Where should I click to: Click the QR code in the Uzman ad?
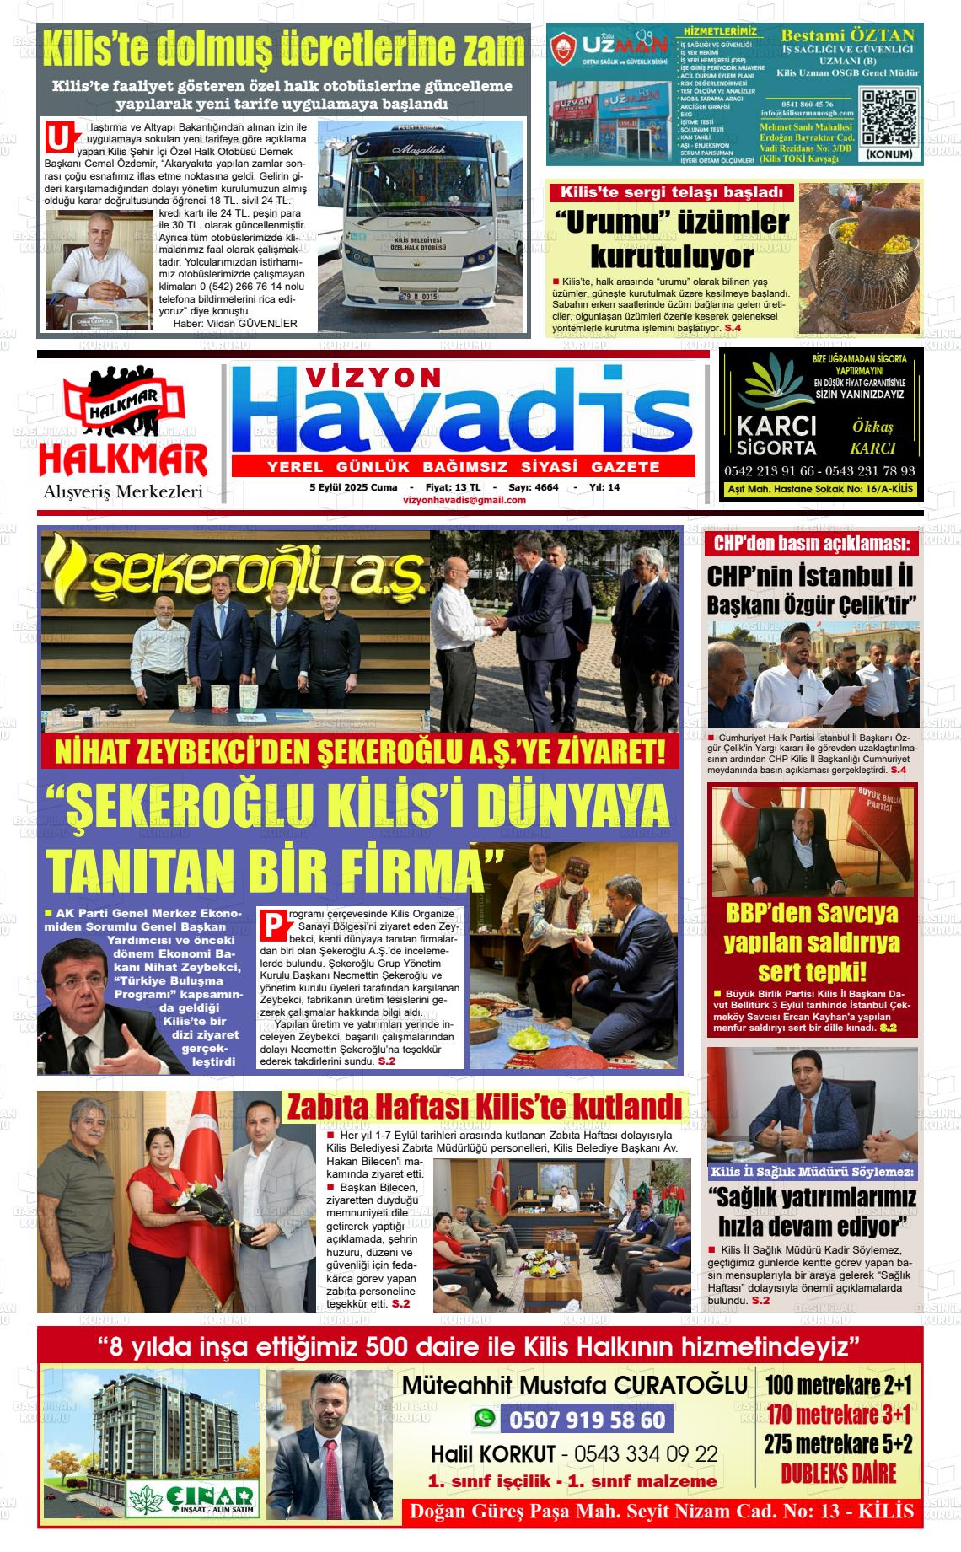point(889,116)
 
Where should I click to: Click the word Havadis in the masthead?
point(463,415)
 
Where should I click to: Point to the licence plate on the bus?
point(418,297)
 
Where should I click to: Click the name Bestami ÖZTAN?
point(847,35)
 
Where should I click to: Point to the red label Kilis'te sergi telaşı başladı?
point(672,192)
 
